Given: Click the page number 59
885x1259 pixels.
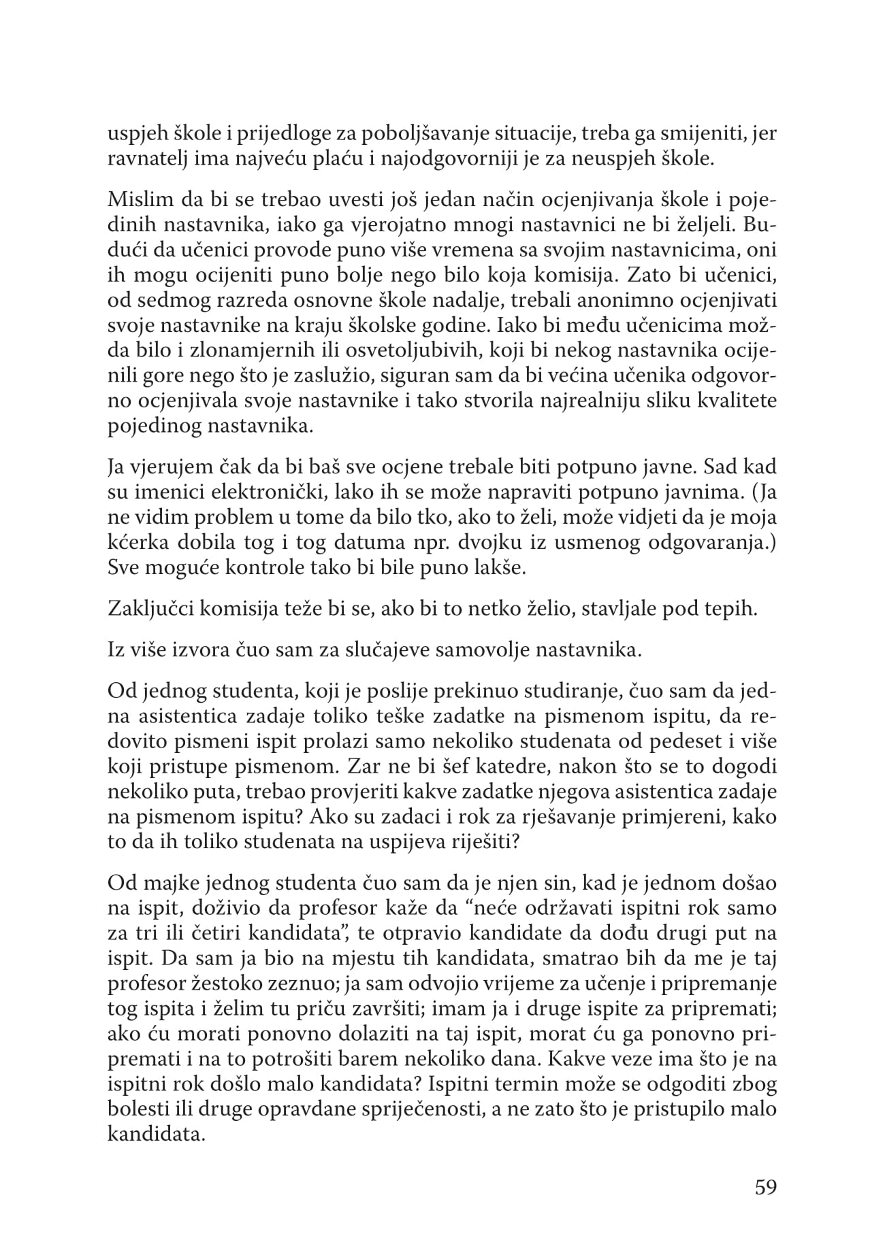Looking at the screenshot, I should pyautogui.click(x=765, y=1188).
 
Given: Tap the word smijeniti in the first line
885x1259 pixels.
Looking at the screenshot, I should pyautogui.click(x=697, y=134).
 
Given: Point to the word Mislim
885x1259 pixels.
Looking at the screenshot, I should pyautogui.click(x=133, y=202).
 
